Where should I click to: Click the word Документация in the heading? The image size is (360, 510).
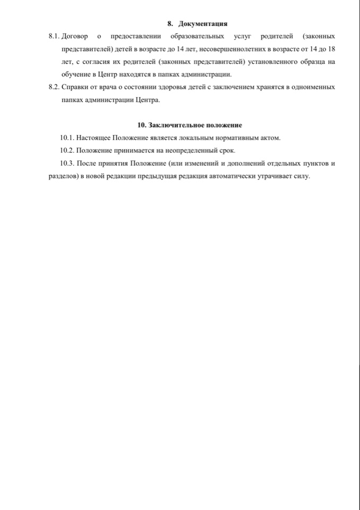pyautogui.click(x=203, y=23)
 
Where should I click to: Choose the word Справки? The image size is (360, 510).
pyautogui.click(x=76, y=87)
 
